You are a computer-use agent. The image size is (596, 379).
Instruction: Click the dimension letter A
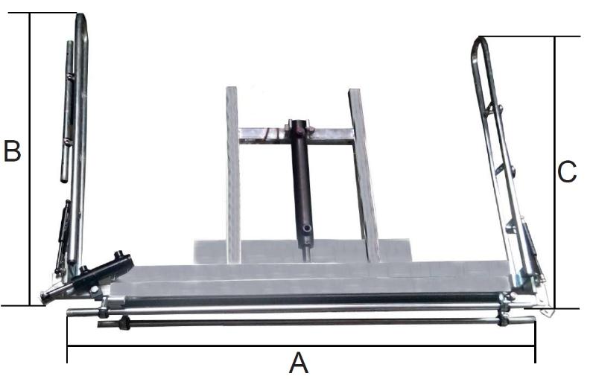click(299, 363)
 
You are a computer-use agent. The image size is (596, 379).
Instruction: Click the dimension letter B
click(12, 150)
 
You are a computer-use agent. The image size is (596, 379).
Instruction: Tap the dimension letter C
click(567, 172)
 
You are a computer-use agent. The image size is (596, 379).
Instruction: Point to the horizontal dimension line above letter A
click(301, 346)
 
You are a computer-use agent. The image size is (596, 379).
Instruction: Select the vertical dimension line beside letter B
click(29, 159)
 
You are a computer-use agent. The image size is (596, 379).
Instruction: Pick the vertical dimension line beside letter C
click(554, 173)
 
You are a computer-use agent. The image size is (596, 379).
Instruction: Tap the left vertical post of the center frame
click(233, 175)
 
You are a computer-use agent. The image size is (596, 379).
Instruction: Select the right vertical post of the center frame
click(364, 175)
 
